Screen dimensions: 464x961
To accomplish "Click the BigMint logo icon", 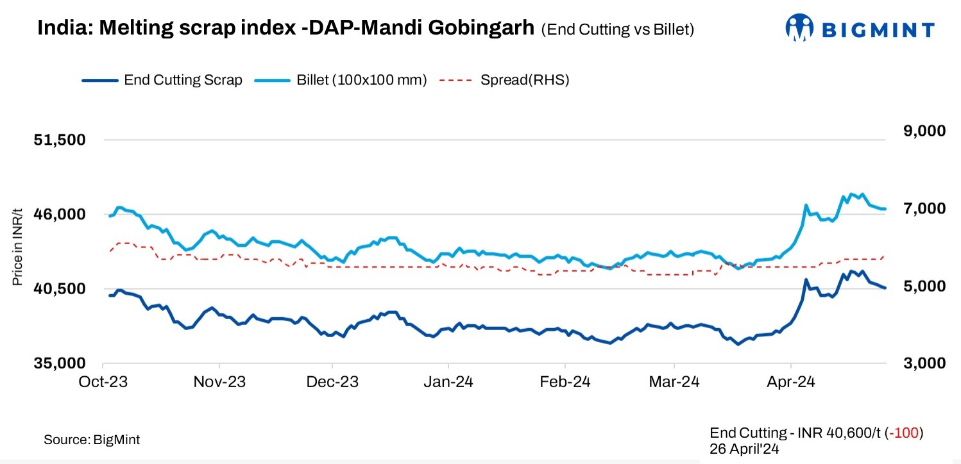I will click(799, 29).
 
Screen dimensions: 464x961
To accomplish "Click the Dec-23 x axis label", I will click(334, 382).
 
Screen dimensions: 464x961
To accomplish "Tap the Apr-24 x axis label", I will click(790, 382).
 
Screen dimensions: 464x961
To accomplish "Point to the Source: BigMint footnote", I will click(92, 440).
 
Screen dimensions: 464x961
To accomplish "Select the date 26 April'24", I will click(744, 449).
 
